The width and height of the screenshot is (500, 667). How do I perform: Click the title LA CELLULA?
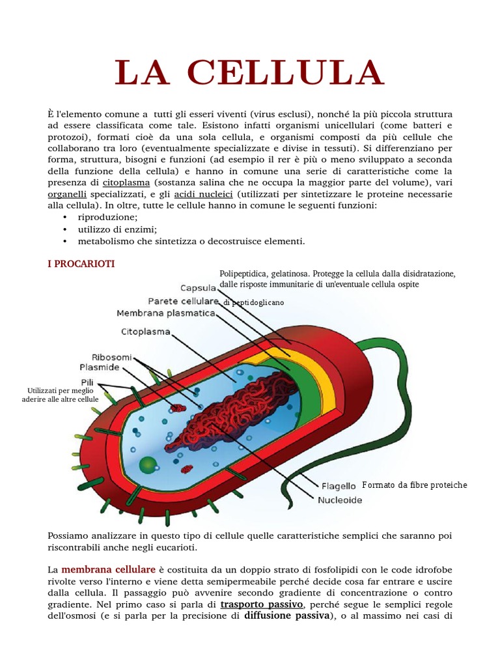coord(249,72)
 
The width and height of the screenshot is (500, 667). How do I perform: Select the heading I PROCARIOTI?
coord(81,264)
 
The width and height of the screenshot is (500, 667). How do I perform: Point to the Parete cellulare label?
coord(183,301)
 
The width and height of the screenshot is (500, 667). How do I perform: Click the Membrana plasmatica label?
coord(166,313)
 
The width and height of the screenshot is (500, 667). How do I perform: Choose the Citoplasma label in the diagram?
coord(146,332)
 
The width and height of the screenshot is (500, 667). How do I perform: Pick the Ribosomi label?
coord(112,357)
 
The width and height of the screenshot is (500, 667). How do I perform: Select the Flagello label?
coord(339,486)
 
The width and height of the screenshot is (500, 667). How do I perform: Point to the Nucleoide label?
coord(340,500)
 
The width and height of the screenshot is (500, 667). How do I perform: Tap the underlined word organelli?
coord(68,194)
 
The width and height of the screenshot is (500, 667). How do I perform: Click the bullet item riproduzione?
coord(107,218)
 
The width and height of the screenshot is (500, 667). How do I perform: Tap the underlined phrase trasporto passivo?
coord(262,604)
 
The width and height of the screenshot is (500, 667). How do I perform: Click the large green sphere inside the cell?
coord(148,465)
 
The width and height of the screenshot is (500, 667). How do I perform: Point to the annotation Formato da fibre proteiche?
coord(415,485)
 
